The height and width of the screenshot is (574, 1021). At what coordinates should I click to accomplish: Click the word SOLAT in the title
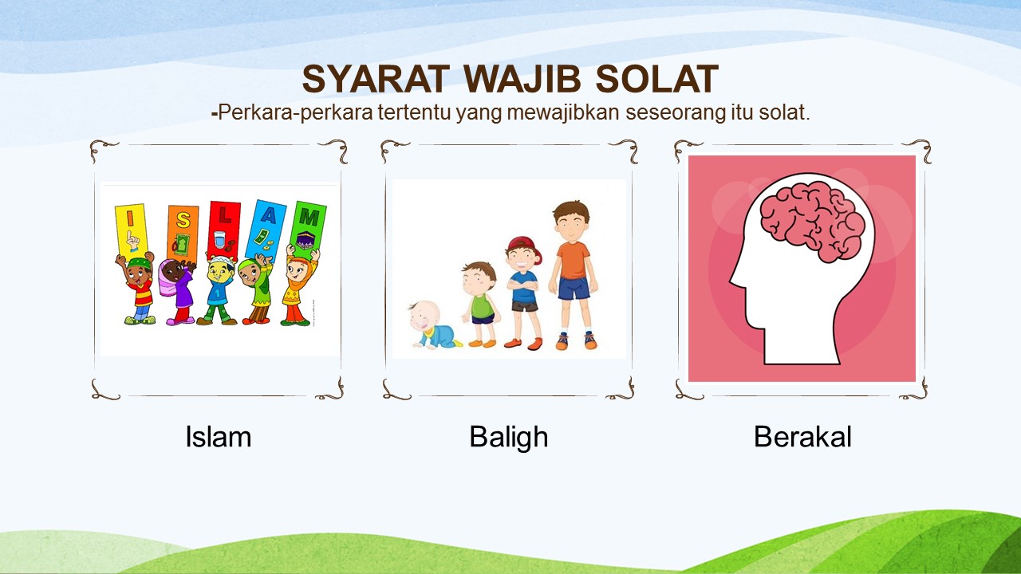(656, 79)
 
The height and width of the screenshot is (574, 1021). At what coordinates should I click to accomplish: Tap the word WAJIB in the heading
(522, 79)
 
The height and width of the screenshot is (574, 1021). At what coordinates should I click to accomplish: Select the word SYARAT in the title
(376, 79)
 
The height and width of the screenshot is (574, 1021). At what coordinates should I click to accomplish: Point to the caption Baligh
(509, 438)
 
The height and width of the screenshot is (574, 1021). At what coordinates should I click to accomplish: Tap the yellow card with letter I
(132, 231)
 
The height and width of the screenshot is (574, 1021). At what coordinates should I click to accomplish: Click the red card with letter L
(224, 230)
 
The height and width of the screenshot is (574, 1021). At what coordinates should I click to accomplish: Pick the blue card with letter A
(266, 231)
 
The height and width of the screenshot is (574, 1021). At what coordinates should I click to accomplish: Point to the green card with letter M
(308, 226)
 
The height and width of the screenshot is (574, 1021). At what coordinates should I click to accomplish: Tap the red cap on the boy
(525, 248)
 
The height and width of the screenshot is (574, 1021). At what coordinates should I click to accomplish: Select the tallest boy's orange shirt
(574, 260)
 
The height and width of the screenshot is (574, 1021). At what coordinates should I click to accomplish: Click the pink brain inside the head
(813, 222)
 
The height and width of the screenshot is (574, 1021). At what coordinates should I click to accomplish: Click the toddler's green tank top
(483, 306)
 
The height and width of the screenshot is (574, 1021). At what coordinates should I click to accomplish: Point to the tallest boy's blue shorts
(574, 289)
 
